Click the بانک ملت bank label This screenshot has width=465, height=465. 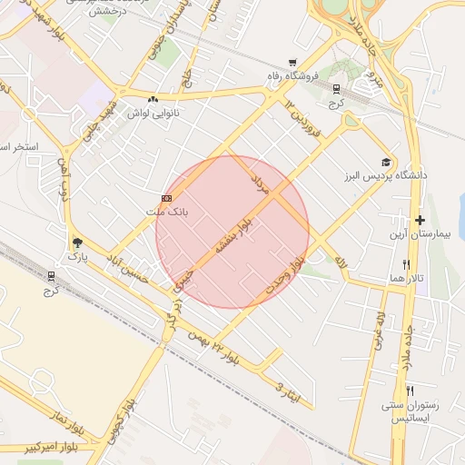[165, 211]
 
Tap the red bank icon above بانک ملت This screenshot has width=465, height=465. [166, 198]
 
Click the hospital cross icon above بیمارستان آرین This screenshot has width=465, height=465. [420, 221]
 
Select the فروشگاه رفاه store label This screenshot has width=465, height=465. [292, 75]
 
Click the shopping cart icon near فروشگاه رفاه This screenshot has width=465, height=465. [292, 63]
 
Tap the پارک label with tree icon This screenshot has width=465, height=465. [76, 257]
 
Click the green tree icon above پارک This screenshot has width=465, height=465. [76, 243]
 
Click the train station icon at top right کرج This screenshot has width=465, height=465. [336, 89]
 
